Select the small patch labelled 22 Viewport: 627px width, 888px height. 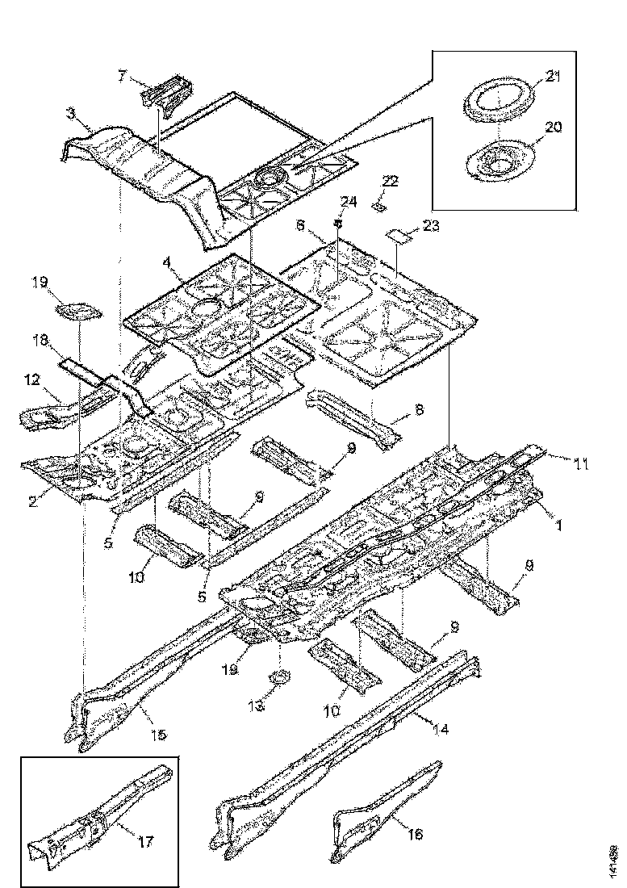click(x=376, y=206)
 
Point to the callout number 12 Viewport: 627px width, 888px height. click(x=31, y=380)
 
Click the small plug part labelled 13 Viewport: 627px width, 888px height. click(x=279, y=676)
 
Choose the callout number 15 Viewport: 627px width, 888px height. click(x=158, y=735)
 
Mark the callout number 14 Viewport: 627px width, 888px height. click(x=440, y=729)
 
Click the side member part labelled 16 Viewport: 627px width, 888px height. click(x=379, y=807)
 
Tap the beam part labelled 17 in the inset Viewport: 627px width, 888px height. click(x=97, y=815)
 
